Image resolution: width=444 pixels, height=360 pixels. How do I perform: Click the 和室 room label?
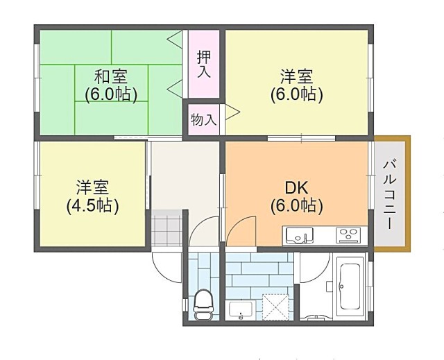click(x=110, y=76)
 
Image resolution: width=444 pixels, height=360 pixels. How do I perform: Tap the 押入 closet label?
click(x=204, y=64)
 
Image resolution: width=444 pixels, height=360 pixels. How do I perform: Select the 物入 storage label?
click(x=204, y=120)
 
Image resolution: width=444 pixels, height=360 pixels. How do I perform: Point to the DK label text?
click(x=296, y=188)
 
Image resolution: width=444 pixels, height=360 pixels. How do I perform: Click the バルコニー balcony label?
click(x=390, y=195)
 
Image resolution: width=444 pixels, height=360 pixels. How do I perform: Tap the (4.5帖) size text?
click(x=92, y=206)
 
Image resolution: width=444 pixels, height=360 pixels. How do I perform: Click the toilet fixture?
click(x=203, y=305)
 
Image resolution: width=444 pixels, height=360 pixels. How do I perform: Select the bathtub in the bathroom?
click(x=350, y=286)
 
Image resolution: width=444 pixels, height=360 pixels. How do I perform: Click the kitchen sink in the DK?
click(x=299, y=235)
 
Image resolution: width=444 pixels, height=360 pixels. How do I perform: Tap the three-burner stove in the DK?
click(x=348, y=235)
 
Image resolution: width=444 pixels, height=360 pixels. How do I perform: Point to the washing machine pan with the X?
click(x=275, y=307)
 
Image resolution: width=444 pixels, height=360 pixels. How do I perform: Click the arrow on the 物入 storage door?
click(x=232, y=112)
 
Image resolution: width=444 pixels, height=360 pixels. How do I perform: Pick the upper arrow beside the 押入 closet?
click(x=174, y=39)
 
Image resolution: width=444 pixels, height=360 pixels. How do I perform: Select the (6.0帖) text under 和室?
click(x=111, y=94)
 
